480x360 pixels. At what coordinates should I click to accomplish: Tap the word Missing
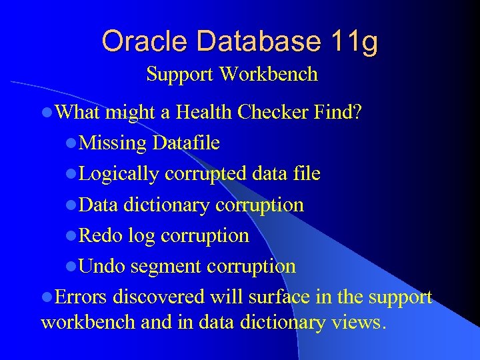point(112,143)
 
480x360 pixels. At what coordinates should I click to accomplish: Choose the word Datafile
point(185,143)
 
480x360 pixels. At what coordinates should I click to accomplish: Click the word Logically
point(119,174)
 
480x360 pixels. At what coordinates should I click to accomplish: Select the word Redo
point(101,235)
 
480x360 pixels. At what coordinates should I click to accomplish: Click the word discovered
point(159,297)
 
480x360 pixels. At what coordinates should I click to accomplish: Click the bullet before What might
point(46,113)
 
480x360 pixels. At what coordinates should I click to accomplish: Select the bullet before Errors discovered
point(46,297)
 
